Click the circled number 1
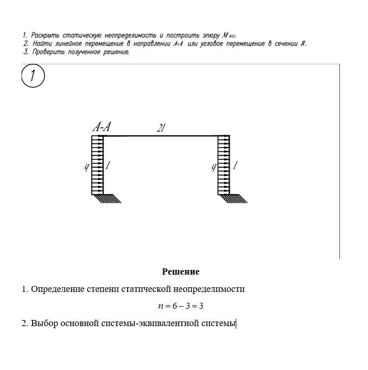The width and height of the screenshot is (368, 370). tap(33, 77)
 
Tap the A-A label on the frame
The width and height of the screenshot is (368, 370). tap(101, 127)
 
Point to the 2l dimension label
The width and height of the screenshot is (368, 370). tap(161, 129)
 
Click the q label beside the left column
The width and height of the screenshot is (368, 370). tap(87, 166)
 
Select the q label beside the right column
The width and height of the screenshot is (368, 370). tap(214, 166)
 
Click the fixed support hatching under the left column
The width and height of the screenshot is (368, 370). tap(107, 199)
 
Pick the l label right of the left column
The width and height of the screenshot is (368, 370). tap(108, 165)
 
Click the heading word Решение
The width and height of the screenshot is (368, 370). tap(181, 272)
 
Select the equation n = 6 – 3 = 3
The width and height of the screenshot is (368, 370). tap(181, 306)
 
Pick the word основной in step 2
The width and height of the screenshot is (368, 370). tap(77, 323)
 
